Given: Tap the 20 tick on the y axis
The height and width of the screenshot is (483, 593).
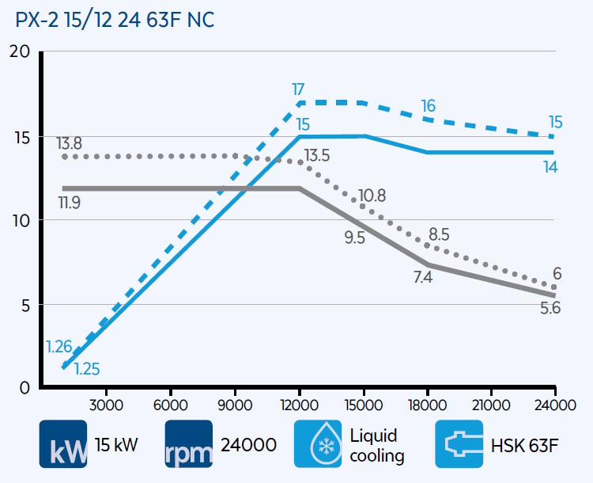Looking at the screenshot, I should pyautogui.click(x=18, y=52).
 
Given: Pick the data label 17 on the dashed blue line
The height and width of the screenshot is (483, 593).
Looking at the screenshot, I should pyautogui.click(x=299, y=89).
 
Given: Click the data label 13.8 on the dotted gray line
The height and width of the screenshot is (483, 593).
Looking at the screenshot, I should pyautogui.click(x=70, y=143).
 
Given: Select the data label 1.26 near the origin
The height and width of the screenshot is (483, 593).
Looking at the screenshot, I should pyautogui.click(x=59, y=346).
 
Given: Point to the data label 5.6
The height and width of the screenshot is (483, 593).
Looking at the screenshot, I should pyautogui.click(x=550, y=309).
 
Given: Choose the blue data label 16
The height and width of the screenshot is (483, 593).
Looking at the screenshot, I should pyautogui.click(x=428, y=106).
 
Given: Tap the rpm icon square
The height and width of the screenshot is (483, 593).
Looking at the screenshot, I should pyautogui.click(x=190, y=444).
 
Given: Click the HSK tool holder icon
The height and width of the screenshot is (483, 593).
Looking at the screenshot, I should pyautogui.click(x=461, y=444).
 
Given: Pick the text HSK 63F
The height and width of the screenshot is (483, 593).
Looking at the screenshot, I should pyautogui.click(x=525, y=445).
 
